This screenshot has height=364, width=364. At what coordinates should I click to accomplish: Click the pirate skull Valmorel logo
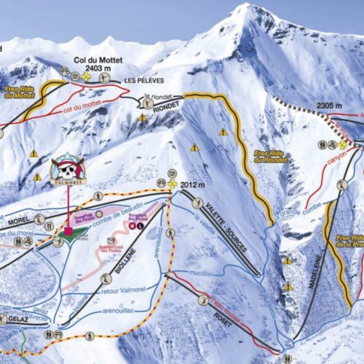[x=67, y=170]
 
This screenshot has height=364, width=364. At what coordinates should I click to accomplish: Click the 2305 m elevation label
[x=329, y=106]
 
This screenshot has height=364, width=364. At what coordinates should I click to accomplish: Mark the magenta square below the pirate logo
[x=68, y=233]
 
